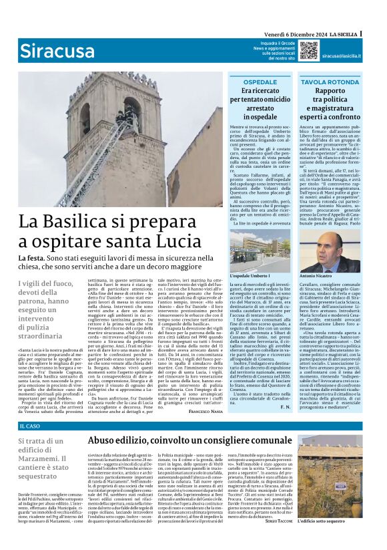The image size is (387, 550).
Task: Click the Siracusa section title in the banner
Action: [x=56, y=50]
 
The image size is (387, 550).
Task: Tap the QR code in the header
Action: [x=308, y=50]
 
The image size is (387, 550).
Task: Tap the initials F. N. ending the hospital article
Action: [x=286, y=406]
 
